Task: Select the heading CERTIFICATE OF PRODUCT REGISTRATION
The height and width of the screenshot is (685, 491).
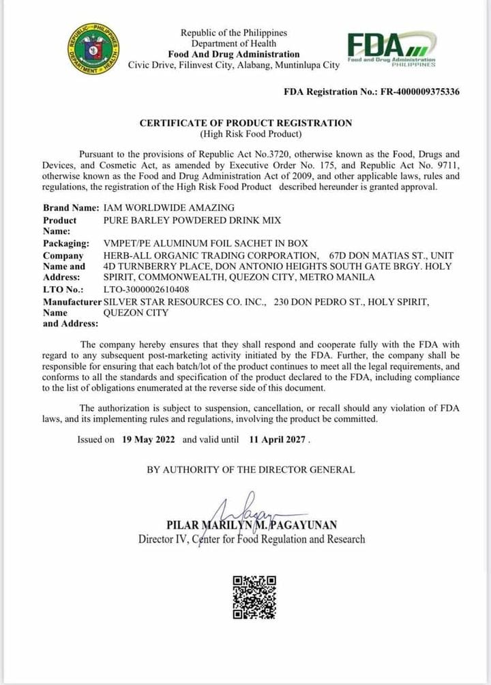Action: (x=245, y=123)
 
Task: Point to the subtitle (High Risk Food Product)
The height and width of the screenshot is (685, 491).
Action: (x=245, y=134)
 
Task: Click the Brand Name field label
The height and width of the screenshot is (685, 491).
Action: (x=70, y=207)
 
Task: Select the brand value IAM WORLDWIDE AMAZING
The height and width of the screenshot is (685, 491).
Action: (x=168, y=207)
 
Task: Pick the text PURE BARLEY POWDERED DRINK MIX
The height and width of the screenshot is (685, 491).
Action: (x=192, y=221)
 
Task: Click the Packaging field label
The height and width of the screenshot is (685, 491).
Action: (x=66, y=243)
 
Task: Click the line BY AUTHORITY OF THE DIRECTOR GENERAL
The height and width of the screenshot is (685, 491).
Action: (x=250, y=470)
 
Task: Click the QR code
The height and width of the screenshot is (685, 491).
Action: (x=254, y=597)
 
